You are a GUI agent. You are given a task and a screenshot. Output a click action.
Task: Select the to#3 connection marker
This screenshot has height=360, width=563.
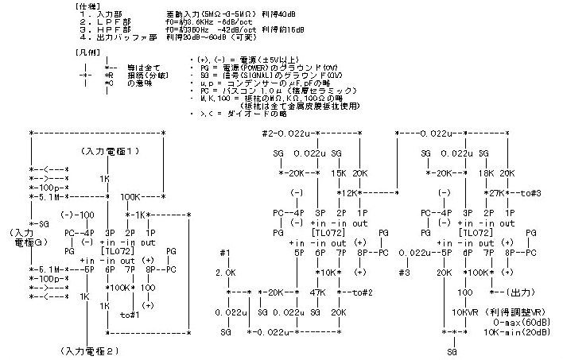(531, 192)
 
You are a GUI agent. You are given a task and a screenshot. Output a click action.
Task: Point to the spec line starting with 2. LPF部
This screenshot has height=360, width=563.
(158, 24)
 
